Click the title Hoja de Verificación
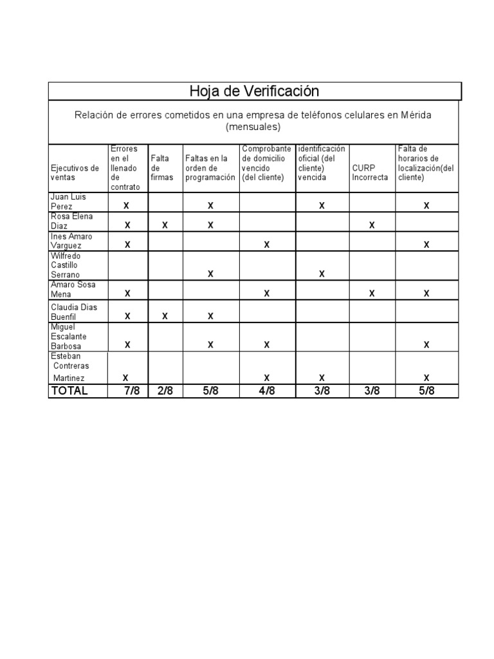254,91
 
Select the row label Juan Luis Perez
68,201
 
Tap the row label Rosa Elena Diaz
71,221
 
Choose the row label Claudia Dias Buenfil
74,311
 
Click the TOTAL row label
69,391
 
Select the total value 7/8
132,391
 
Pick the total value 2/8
165,391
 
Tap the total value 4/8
267,391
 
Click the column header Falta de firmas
161,167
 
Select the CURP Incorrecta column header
370,172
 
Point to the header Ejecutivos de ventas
75,172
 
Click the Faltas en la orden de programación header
210,167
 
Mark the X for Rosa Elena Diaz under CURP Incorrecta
371,225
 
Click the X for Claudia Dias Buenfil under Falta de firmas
165,316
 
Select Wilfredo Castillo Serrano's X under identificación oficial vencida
322,274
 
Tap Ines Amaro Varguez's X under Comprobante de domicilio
266,245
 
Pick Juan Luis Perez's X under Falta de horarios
426,206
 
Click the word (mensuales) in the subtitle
253,127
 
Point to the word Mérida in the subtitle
417,115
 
